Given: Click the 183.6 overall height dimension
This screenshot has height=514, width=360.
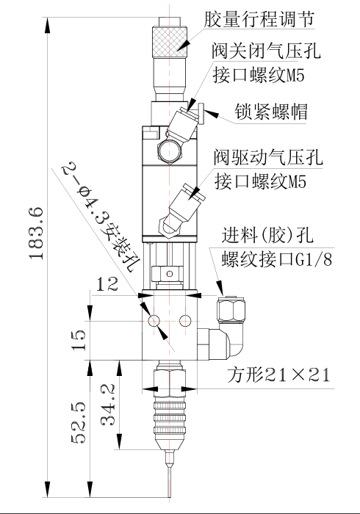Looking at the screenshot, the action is [36, 234].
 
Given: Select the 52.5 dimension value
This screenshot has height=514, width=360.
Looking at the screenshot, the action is [79, 423].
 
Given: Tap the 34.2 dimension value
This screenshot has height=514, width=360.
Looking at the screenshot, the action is [107, 405].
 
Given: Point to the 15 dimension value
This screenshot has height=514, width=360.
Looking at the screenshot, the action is [79, 340].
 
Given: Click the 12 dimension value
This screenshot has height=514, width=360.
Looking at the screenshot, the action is [107, 284].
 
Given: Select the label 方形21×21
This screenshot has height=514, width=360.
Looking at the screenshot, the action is [278, 374].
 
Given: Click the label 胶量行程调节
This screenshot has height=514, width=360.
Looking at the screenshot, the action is [259, 20].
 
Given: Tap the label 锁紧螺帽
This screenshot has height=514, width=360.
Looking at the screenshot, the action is [271, 112].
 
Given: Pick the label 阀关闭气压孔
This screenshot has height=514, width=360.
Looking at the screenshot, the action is [265, 51].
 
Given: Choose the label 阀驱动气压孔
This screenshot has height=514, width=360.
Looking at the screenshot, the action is [268, 157].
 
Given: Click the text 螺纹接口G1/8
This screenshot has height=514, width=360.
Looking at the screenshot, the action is [277, 259].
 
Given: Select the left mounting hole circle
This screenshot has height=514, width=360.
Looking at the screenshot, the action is [154, 321].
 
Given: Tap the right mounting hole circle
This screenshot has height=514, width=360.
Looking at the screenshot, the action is [185, 321].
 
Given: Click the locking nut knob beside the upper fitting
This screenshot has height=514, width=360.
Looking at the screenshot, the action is [201, 114].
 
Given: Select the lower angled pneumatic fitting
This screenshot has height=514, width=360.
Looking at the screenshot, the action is [181, 210].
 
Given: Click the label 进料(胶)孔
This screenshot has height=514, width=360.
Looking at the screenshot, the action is [267, 235].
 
